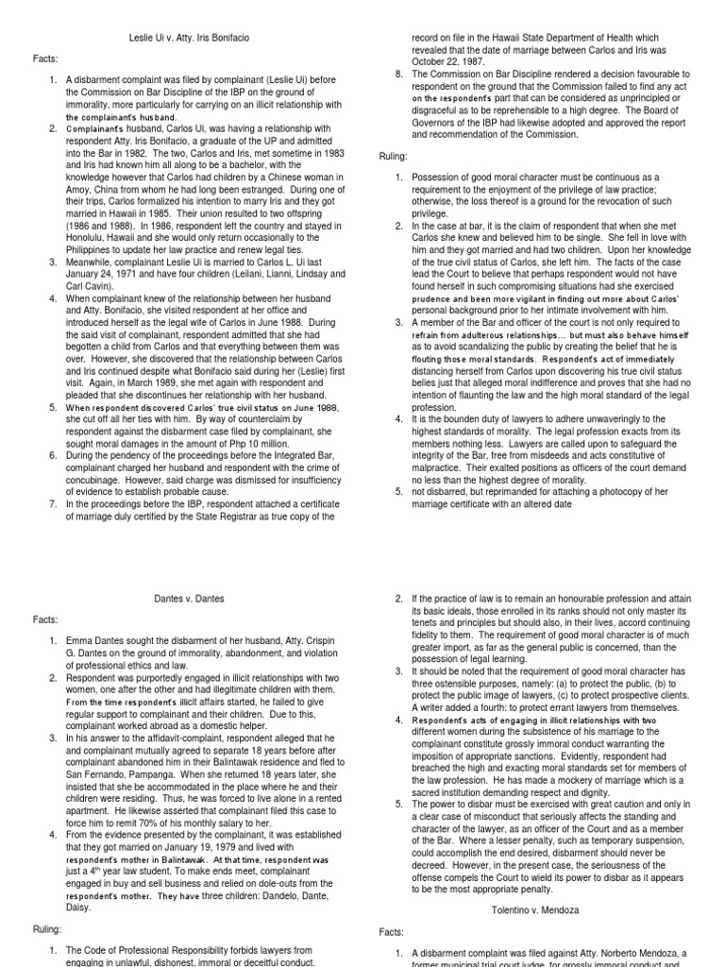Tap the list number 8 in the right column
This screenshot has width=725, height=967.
(x=398, y=73)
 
